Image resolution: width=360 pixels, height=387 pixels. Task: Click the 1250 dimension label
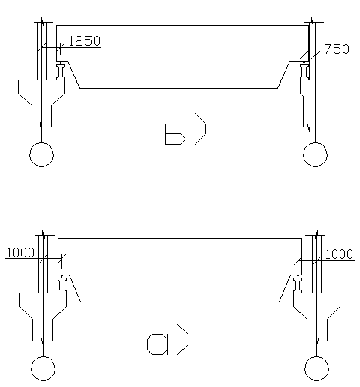pyautogui.click(x=84, y=41)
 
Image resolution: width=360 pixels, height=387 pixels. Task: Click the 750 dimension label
pyautogui.click(x=337, y=49)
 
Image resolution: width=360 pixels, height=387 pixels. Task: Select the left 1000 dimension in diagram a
pyautogui.click(x=20, y=253)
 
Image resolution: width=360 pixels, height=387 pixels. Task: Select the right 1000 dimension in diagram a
pyautogui.click(x=339, y=254)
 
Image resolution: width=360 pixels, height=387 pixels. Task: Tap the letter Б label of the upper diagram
pyautogui.click(x=175, y=134)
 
